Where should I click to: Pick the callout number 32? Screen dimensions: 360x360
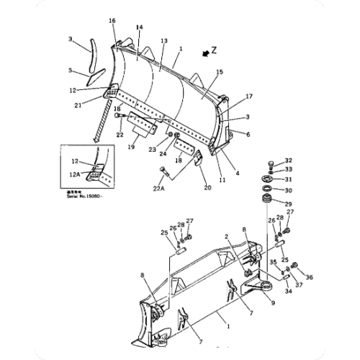[288, 161]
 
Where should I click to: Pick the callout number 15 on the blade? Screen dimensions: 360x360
[220, 72]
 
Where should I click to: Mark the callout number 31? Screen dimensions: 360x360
[288, 179]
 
